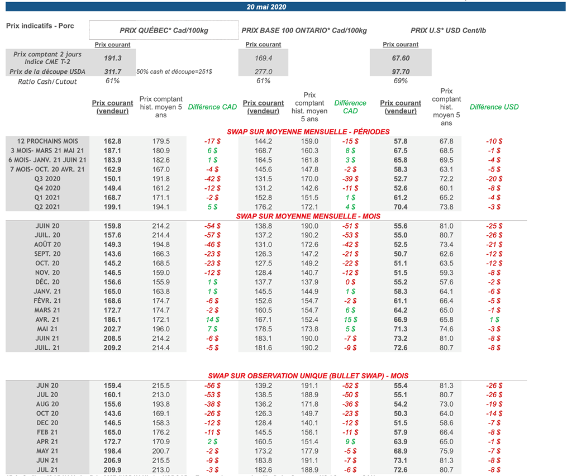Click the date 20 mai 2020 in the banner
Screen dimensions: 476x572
(x=266, y=7)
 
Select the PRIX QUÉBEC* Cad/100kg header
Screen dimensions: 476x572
(x=164, y=31)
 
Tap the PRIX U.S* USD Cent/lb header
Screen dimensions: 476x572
(x=448, y=31)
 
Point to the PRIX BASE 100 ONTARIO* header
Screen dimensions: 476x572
(x=304, y=31)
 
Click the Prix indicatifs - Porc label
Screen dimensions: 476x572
(x=40, y=26)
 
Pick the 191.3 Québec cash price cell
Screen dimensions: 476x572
(x=112, y=58)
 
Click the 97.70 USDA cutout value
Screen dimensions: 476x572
(x=401, y=72)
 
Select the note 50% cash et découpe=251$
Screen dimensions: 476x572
(x=174, y=72)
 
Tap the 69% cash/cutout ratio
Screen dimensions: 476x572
(x=401, y=81)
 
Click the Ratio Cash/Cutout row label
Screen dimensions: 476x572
(x=47, y=82)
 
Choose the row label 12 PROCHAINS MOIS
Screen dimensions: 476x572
(x=47, y=141)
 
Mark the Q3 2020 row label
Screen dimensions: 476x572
(x=47, y=179)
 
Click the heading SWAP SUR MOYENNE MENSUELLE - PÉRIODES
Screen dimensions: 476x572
(x=308, y=132)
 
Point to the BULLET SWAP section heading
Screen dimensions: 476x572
(x=308, y=377)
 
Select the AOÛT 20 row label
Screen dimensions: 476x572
(x=47, y=244)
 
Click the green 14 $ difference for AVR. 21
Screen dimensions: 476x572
(x=211, y=320)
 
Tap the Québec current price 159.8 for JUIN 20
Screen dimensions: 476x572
(x=112, y=226)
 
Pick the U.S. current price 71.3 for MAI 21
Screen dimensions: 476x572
(x=401, y=329)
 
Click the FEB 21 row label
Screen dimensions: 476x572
(x=47, y=432)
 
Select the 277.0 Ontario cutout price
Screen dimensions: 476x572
(x=263, y=72)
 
